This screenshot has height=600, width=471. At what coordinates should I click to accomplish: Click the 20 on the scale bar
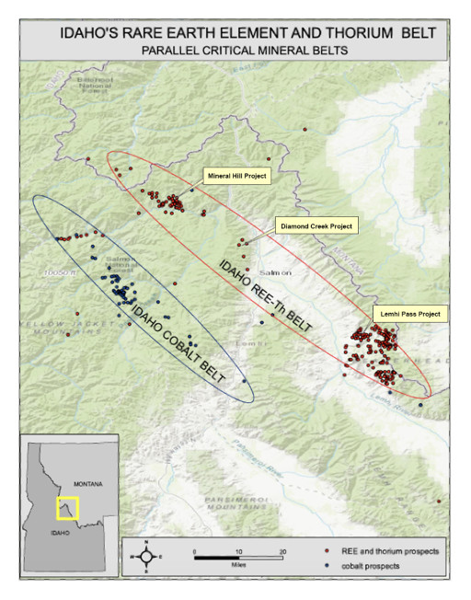click(x=283, y=550)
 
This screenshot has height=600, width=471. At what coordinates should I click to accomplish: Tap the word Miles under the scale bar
click(x=238, y=567)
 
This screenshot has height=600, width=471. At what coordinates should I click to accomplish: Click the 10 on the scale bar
click(x=238, y=550)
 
